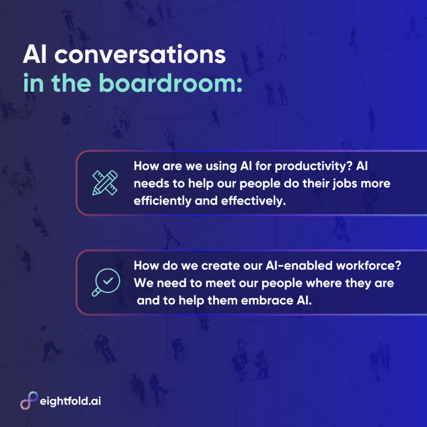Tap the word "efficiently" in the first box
pyautogui.click(x=157, y=201)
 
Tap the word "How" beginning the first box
pyautogui.click(x=144, y=166)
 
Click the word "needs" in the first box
pyautogui.click(x=148, y=183)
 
